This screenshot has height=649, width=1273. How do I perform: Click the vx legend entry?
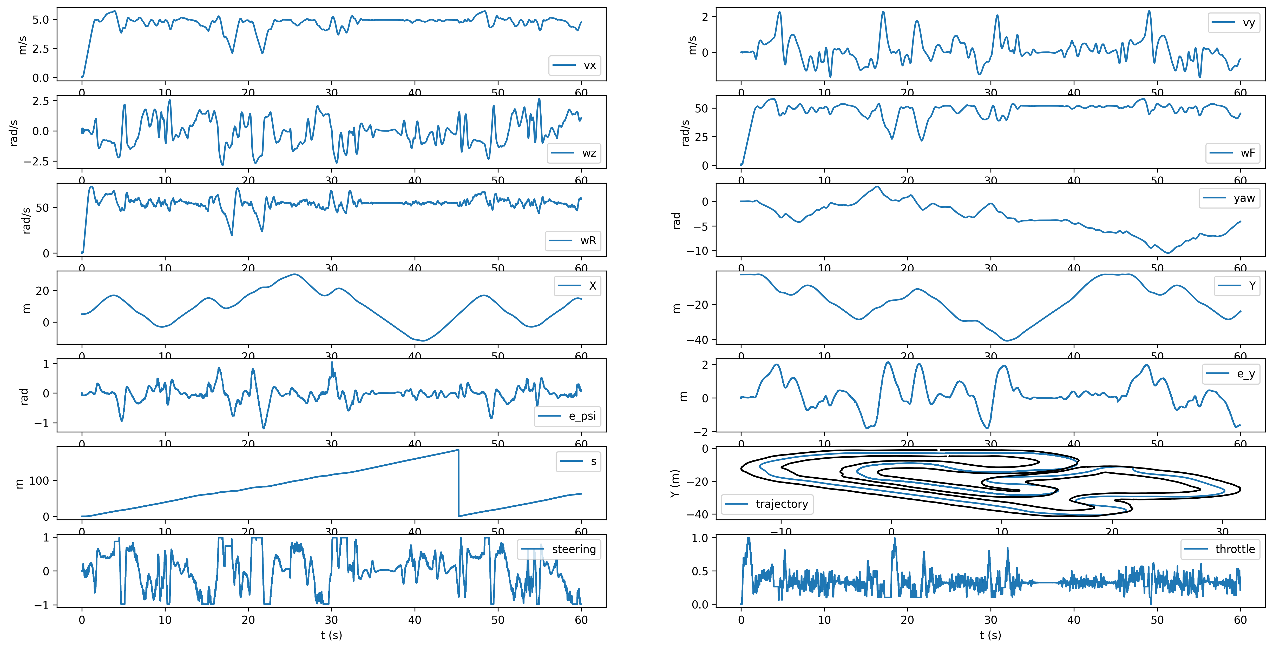(x=575, y=65)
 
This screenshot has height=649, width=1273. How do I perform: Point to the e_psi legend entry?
(x=567, y=416)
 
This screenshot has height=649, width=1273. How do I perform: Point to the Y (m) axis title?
(x=675, y=483)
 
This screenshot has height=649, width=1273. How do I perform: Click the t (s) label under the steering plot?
(x=331, y=635)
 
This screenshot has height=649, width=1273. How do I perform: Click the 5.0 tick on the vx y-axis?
(x=41, y=20)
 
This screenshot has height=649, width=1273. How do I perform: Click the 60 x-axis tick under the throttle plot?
(x=1241, y=620)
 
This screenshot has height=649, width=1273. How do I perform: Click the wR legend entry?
(x=573, y=240)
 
